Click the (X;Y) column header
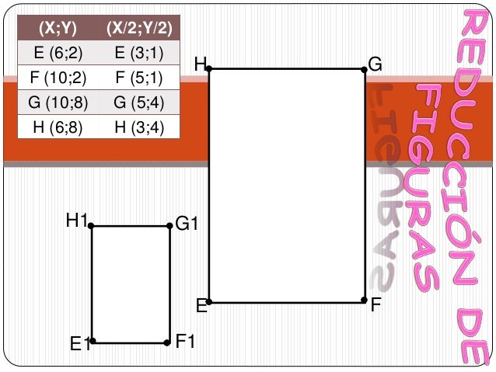point(58,28)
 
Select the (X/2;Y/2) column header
point(139,28)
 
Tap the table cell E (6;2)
point(58,53)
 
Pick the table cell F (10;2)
point(58,78)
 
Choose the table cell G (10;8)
point(58,103)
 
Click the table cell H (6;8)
point(58,127)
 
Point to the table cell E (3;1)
point(139,53)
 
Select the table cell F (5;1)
point(139,78)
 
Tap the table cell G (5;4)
point(139,103)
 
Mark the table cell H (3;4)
point(139,127)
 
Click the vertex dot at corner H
point(209,68)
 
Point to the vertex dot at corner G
point(364,70)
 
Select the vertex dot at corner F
point(364,300)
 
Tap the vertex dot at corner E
point(209,302)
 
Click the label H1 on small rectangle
point(76,220)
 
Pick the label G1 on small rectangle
point(187,224)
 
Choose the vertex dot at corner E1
point(93,341)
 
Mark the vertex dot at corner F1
point(167,343)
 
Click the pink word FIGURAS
point(424,188)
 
